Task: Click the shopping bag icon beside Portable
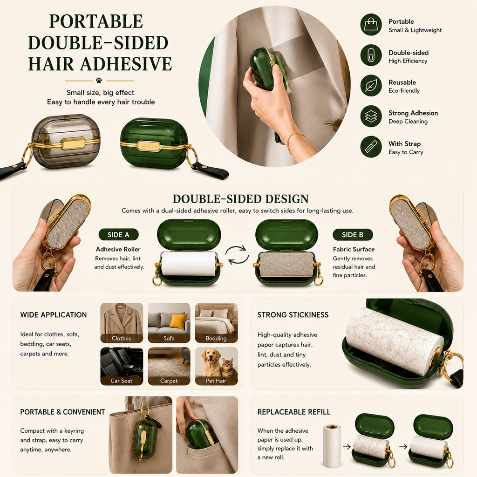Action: point(371,24)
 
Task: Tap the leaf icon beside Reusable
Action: point(371,86)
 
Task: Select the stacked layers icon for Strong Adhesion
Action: point(371,116)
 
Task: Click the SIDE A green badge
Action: point(118,235)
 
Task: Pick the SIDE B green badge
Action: point(353,235)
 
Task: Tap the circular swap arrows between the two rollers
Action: point(237,255)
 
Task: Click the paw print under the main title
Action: point(99,81)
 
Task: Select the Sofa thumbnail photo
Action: point(169,323)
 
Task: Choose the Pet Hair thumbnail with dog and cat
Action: point(216,366)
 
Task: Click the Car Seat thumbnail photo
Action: point(122,366)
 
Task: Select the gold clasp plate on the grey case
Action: point(73,143)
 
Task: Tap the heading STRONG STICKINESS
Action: point(293,315)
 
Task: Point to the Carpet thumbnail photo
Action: point(169,366)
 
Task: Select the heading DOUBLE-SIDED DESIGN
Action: point(241,199)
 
